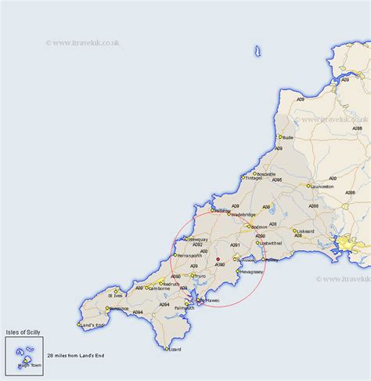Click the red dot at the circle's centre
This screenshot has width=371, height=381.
click(x=218, y=259)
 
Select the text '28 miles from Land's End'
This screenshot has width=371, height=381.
click(x=74, y=356)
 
